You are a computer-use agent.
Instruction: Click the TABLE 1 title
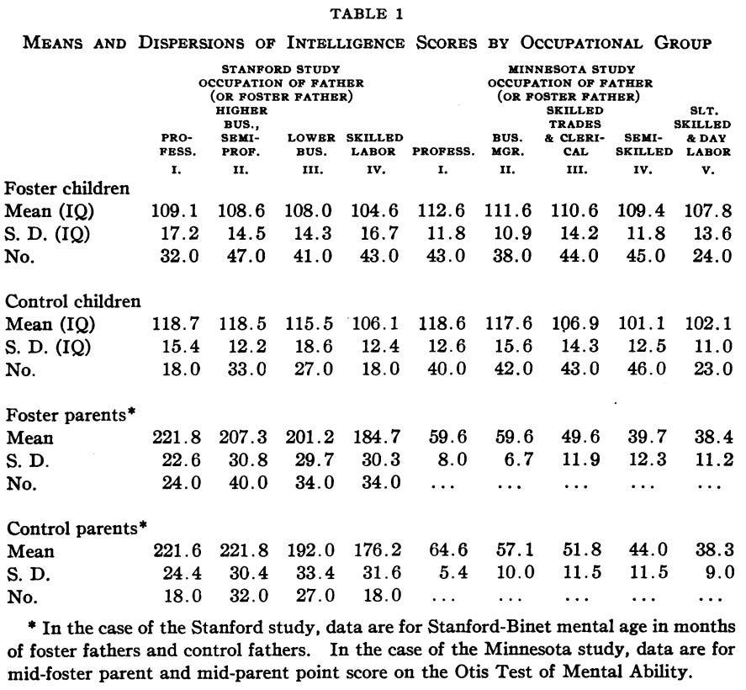click(373, 14)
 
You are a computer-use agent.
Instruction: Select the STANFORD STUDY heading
click(280, 70)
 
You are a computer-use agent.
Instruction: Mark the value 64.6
click(443, 552)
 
